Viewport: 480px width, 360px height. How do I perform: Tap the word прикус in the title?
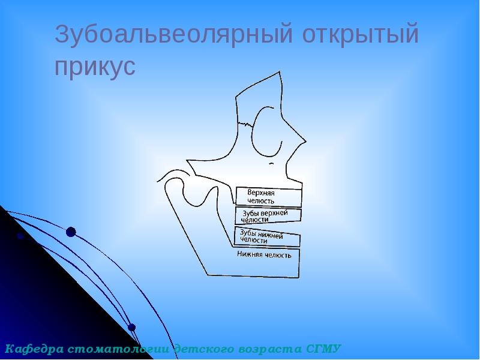pyautogui.click(x=95, y=66)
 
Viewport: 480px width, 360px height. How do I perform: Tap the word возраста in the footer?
pyautogui.click(x=274, y=349)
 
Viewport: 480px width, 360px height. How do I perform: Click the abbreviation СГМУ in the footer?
pyautogui.click(x=325, y=349)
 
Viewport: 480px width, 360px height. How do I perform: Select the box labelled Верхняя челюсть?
pyautogui.click(x=268, y=197)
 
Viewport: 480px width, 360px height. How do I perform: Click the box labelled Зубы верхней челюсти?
pyautogui.click(x=268, y=216)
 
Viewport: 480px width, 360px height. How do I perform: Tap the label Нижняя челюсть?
pyautogui.click(x=265, y=254)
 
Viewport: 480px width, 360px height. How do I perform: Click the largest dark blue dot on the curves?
pyautogui.click(x=71, y=232)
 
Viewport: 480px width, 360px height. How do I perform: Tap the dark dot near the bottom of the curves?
pyautogui.click(x=132, y=328)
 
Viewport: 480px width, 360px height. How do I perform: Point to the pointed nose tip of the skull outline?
pyautogui.click(x=306, y=142)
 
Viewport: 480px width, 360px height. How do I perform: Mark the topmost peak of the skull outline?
pyautogui.click(x=280, y=72)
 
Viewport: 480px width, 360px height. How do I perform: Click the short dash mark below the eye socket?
pyautogui.click(x=272, y=163)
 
